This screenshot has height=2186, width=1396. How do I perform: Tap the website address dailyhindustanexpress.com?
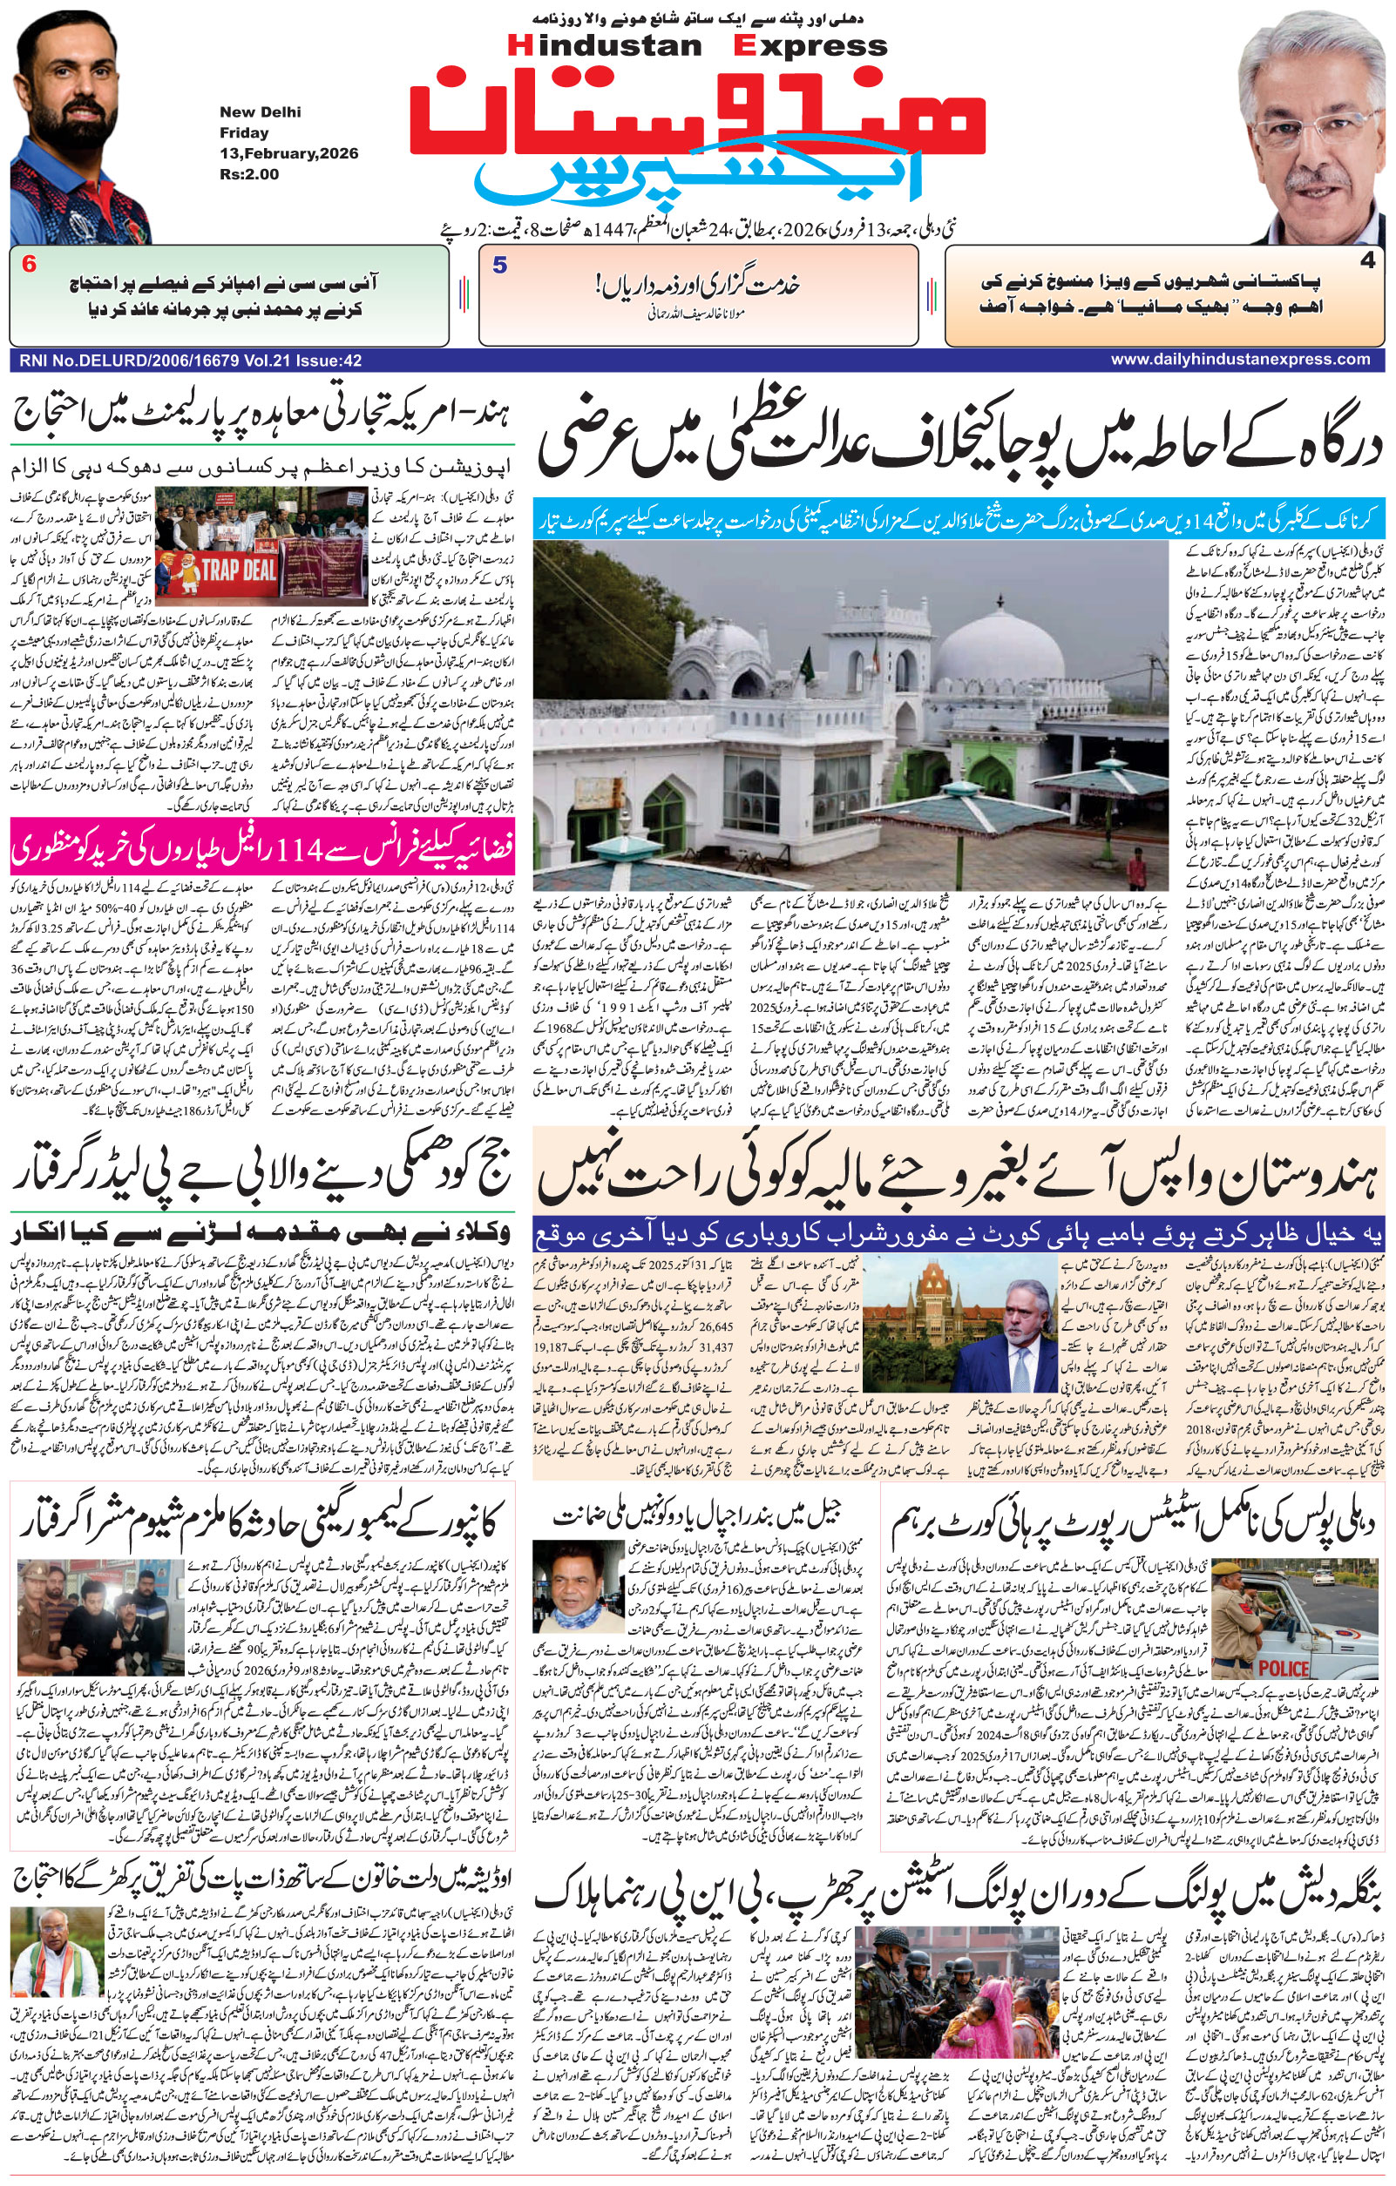click(1240, 360)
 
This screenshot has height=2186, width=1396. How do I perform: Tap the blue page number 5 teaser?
click(498, 265)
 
